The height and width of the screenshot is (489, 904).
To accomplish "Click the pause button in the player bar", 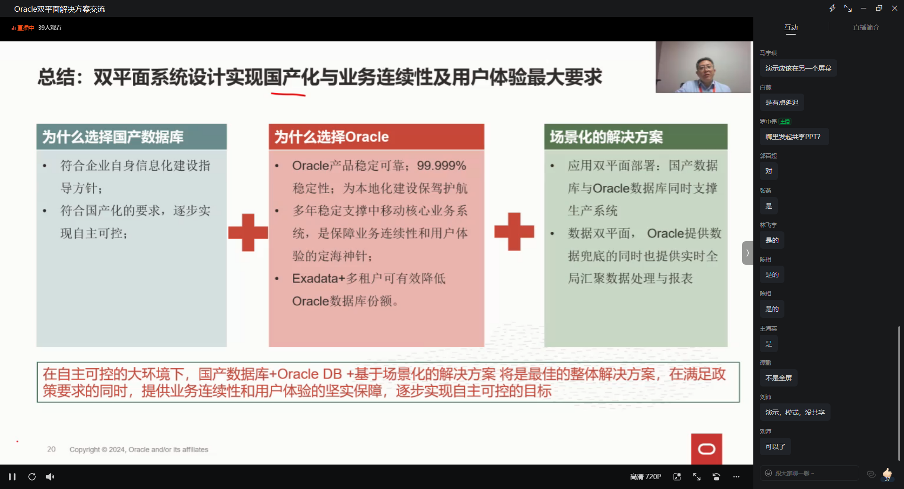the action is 12,477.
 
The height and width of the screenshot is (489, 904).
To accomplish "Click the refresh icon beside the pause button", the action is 32,477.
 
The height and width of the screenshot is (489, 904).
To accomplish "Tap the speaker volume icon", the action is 50,477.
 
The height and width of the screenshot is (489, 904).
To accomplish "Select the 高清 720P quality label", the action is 646,477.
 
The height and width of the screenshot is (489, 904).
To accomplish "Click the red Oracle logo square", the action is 706,449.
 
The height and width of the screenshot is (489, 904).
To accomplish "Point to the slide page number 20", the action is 51,449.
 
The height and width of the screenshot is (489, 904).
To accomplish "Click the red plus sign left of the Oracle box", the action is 248,232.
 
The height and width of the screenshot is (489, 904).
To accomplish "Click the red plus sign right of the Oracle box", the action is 514,231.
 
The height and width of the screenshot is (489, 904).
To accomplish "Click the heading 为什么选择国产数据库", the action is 113,137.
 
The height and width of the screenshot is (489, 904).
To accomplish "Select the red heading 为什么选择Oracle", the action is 331,137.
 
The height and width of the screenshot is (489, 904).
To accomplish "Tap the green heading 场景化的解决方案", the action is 606,137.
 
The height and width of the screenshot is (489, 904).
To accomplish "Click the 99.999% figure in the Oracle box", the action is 442,166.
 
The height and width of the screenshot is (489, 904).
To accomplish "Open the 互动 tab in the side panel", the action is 791,27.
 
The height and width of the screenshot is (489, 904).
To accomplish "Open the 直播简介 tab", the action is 866,27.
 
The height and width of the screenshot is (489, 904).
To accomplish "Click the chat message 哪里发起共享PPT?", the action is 793,137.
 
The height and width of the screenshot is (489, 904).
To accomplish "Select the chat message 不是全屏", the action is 779,378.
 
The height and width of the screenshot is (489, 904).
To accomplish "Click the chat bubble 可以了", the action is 775,447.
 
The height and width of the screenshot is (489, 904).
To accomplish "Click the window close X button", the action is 895,8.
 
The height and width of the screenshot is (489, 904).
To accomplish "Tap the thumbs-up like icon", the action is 887,473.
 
